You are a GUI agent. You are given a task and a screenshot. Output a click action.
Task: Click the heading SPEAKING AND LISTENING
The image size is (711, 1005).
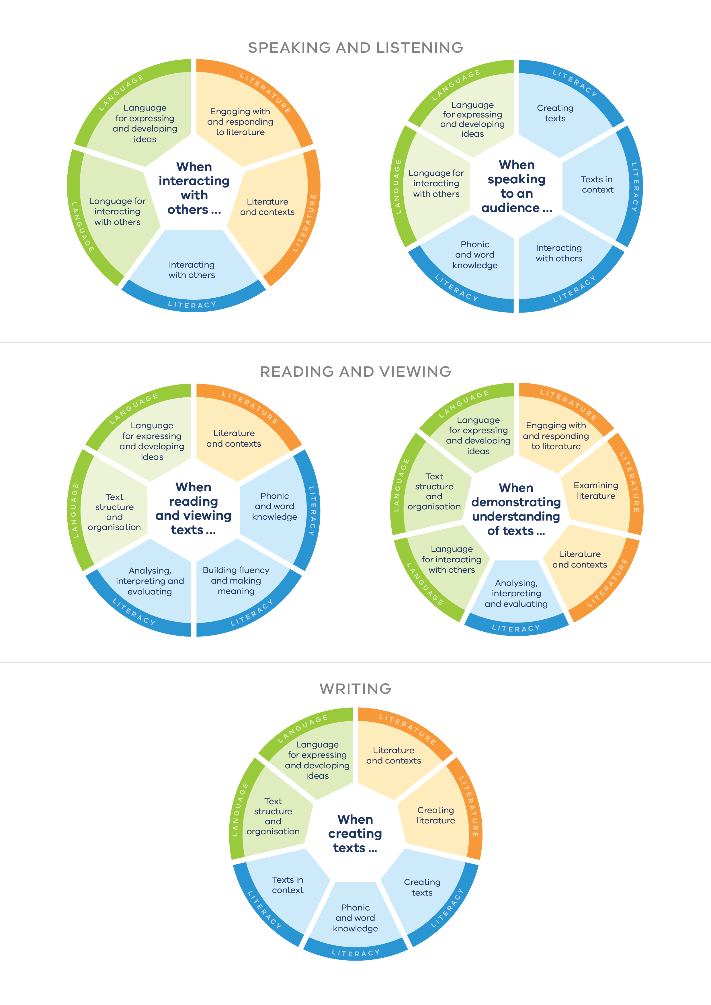pos(355,47)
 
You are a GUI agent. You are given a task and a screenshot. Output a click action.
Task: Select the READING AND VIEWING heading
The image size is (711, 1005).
pos(355,372)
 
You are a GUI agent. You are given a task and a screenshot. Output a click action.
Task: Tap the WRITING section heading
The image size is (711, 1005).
pos(355,688)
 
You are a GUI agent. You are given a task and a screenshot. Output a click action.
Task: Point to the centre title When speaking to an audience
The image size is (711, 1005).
pos(517,186)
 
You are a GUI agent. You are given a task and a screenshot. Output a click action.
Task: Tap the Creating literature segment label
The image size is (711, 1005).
pos(435,815)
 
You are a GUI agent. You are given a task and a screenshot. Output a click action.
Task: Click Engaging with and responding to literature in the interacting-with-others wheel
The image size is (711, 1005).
pos(240,122)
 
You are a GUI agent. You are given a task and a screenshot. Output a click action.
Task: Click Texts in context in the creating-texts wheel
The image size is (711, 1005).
pos(287,885)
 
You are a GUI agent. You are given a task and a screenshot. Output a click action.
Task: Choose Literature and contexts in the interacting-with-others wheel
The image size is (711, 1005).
pos(267,207)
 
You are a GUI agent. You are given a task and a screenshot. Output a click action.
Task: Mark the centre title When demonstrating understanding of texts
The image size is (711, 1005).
pos(516,509)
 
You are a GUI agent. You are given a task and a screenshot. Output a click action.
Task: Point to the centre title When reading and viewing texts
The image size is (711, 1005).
pos(193,508)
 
